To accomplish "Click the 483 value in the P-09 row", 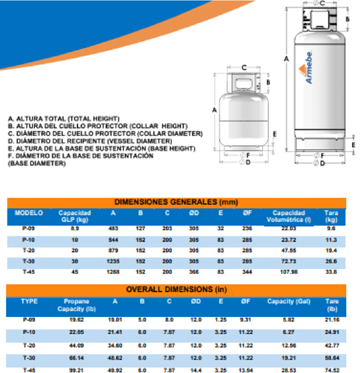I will (x=113, y=229).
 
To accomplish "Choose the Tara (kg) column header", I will (x=331, y=216).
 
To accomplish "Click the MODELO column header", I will (x=29, y=213).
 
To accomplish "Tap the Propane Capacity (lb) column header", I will (x=77, y=305).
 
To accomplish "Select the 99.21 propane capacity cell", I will (x=77, y=370).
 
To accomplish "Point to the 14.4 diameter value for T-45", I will (x=196, y=370).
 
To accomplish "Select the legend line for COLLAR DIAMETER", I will (x=105, y=133).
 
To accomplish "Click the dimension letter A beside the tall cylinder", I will (x=287, y=59).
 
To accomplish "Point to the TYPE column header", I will (x=29, y=301).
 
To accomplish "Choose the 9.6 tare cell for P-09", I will (x=331, y=229).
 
